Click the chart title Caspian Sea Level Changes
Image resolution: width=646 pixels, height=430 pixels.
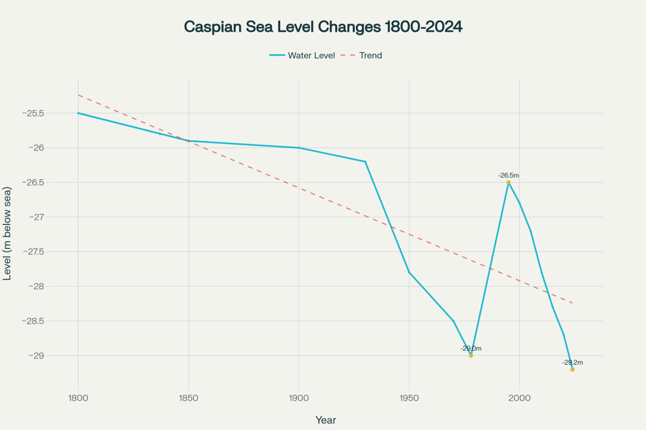point(323,27)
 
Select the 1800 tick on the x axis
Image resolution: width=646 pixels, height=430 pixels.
point(78,398)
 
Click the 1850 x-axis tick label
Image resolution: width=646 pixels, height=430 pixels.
point(189,398)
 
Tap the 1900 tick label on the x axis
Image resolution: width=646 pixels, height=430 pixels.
point(299,398)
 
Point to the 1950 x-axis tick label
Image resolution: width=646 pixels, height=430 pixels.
point(409,398)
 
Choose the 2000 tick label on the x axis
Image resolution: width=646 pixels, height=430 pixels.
point(520,398)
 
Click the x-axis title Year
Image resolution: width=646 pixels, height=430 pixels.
point(325,420)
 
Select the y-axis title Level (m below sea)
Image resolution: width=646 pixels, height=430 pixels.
point(8,234)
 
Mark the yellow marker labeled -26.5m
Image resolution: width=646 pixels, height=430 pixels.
point(509,182)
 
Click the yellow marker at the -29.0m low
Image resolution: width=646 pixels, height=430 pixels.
point(471,355)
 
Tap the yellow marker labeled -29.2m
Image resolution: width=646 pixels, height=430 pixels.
point(573,369)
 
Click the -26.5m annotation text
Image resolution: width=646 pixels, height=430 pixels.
point(509,175)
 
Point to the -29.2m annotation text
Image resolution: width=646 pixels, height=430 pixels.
point(573,362)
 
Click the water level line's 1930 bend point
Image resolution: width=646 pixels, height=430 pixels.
point(365,162)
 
